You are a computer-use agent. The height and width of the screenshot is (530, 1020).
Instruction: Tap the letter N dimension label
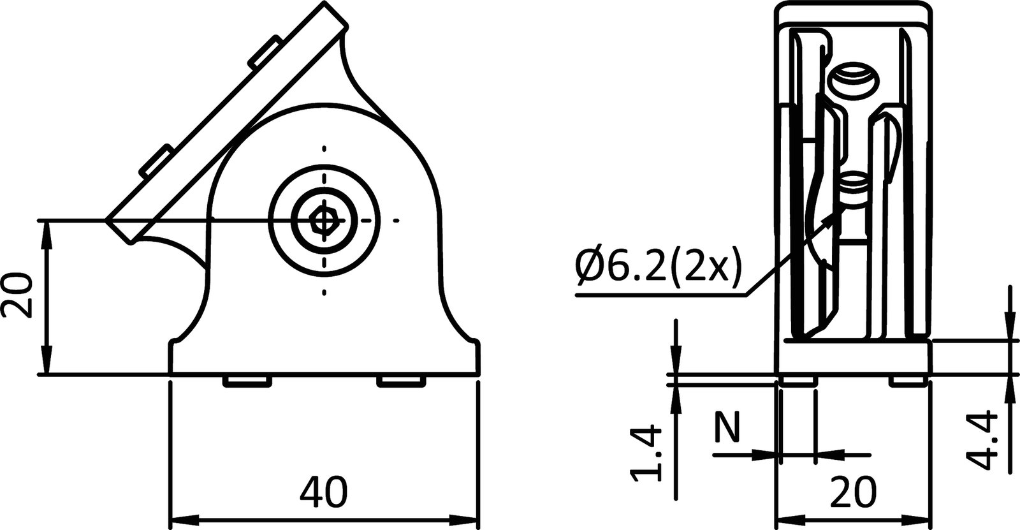click(x=727, y=427)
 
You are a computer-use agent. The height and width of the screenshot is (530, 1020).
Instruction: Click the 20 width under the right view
click(x=854, y=492)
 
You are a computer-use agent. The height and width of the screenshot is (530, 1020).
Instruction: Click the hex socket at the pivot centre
click(x=324, y=221)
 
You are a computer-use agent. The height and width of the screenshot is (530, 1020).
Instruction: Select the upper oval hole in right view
click(x=854, y=80)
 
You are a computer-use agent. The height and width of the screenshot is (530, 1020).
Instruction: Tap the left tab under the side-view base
click(x=245, y=381)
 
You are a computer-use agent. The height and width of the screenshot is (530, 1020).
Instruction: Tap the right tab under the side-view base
click(x=401, y=381)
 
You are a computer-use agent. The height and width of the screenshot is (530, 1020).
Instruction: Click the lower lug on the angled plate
click(x=156, y=160)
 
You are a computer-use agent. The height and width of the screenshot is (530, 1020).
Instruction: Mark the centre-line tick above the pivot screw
click(x=324, y=149)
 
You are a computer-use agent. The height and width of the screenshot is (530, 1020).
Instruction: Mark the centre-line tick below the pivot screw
click(x=324, y=292)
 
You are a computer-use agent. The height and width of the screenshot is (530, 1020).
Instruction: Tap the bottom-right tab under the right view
click(x=908, y=381)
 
